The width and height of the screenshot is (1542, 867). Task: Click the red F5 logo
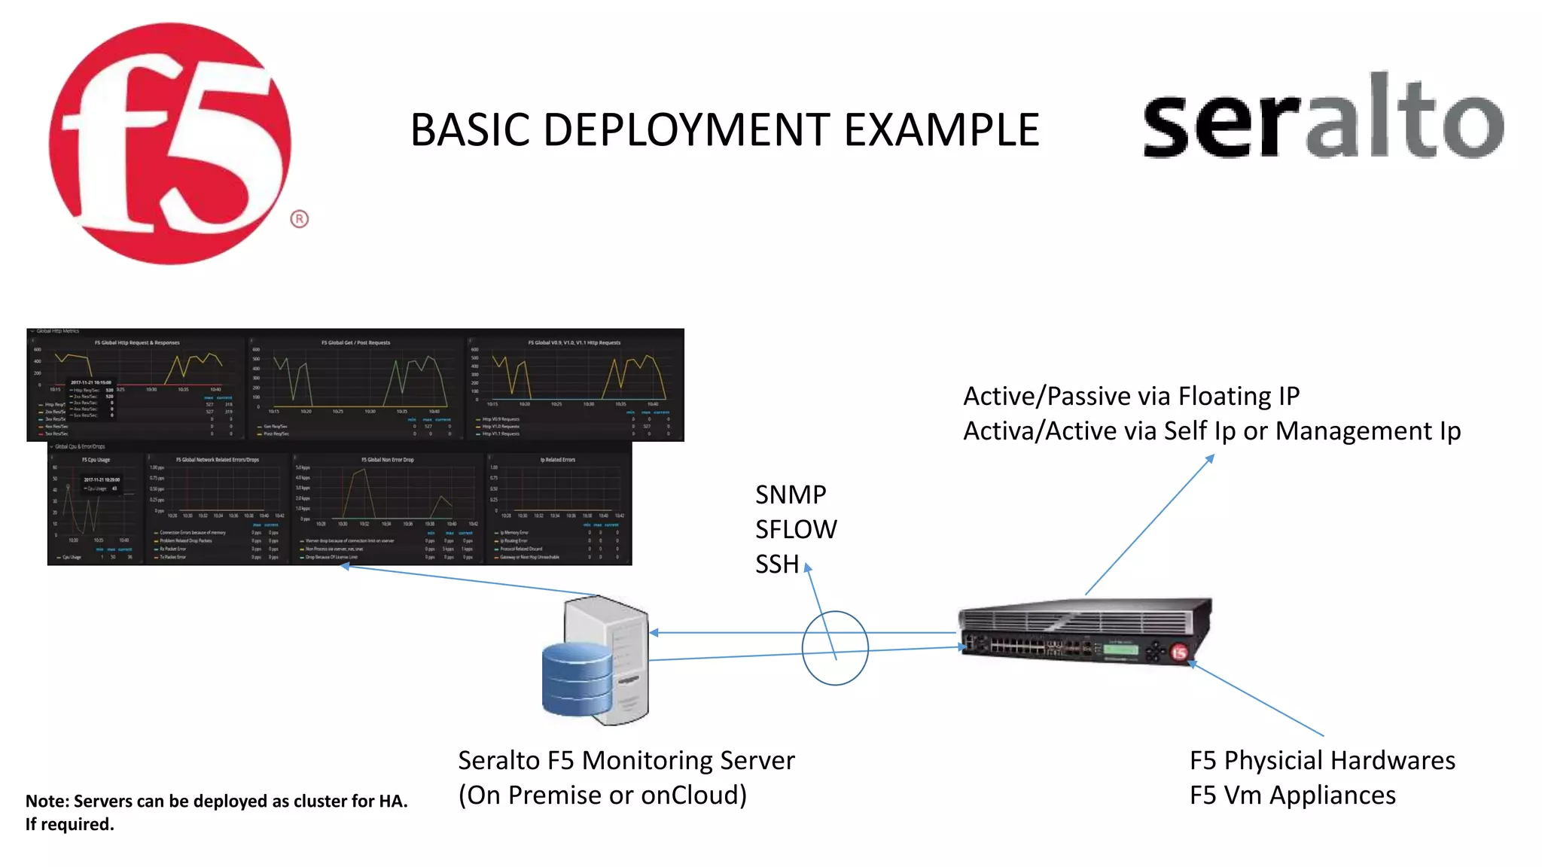tap(169, 143)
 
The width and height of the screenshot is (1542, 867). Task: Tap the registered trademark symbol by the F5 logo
tap(299, 219)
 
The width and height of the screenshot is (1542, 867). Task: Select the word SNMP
tap(791, 494)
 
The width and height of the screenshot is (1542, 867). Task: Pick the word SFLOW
tap(795, 529)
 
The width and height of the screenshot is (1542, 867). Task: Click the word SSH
tap(776, 564)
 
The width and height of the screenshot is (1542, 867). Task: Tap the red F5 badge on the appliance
tap(1179, 653)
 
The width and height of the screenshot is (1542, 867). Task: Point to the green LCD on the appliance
tap(1120, 648)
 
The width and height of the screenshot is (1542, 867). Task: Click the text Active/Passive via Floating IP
tap(1131, 396)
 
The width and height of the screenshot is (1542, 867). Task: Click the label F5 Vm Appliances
tap(1292, 795)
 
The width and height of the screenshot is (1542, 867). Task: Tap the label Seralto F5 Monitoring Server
tap(626, 760)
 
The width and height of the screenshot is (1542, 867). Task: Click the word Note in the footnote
tap(47, 801)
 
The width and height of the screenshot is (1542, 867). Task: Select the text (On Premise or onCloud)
tap(602, 795)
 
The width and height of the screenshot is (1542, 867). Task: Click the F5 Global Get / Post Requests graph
tap(355, 384)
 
